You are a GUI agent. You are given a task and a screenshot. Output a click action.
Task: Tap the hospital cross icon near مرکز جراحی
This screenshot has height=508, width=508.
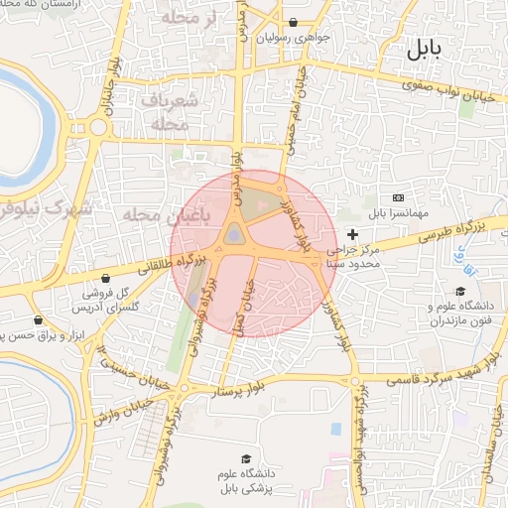pos(353,233)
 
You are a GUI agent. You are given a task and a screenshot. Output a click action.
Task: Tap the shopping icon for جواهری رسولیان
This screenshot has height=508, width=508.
pos(293,22)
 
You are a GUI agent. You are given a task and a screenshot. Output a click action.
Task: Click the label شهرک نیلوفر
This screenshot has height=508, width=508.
pos(45,208)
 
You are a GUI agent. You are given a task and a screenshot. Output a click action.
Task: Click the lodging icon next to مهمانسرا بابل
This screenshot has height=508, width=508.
pos(399,197)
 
